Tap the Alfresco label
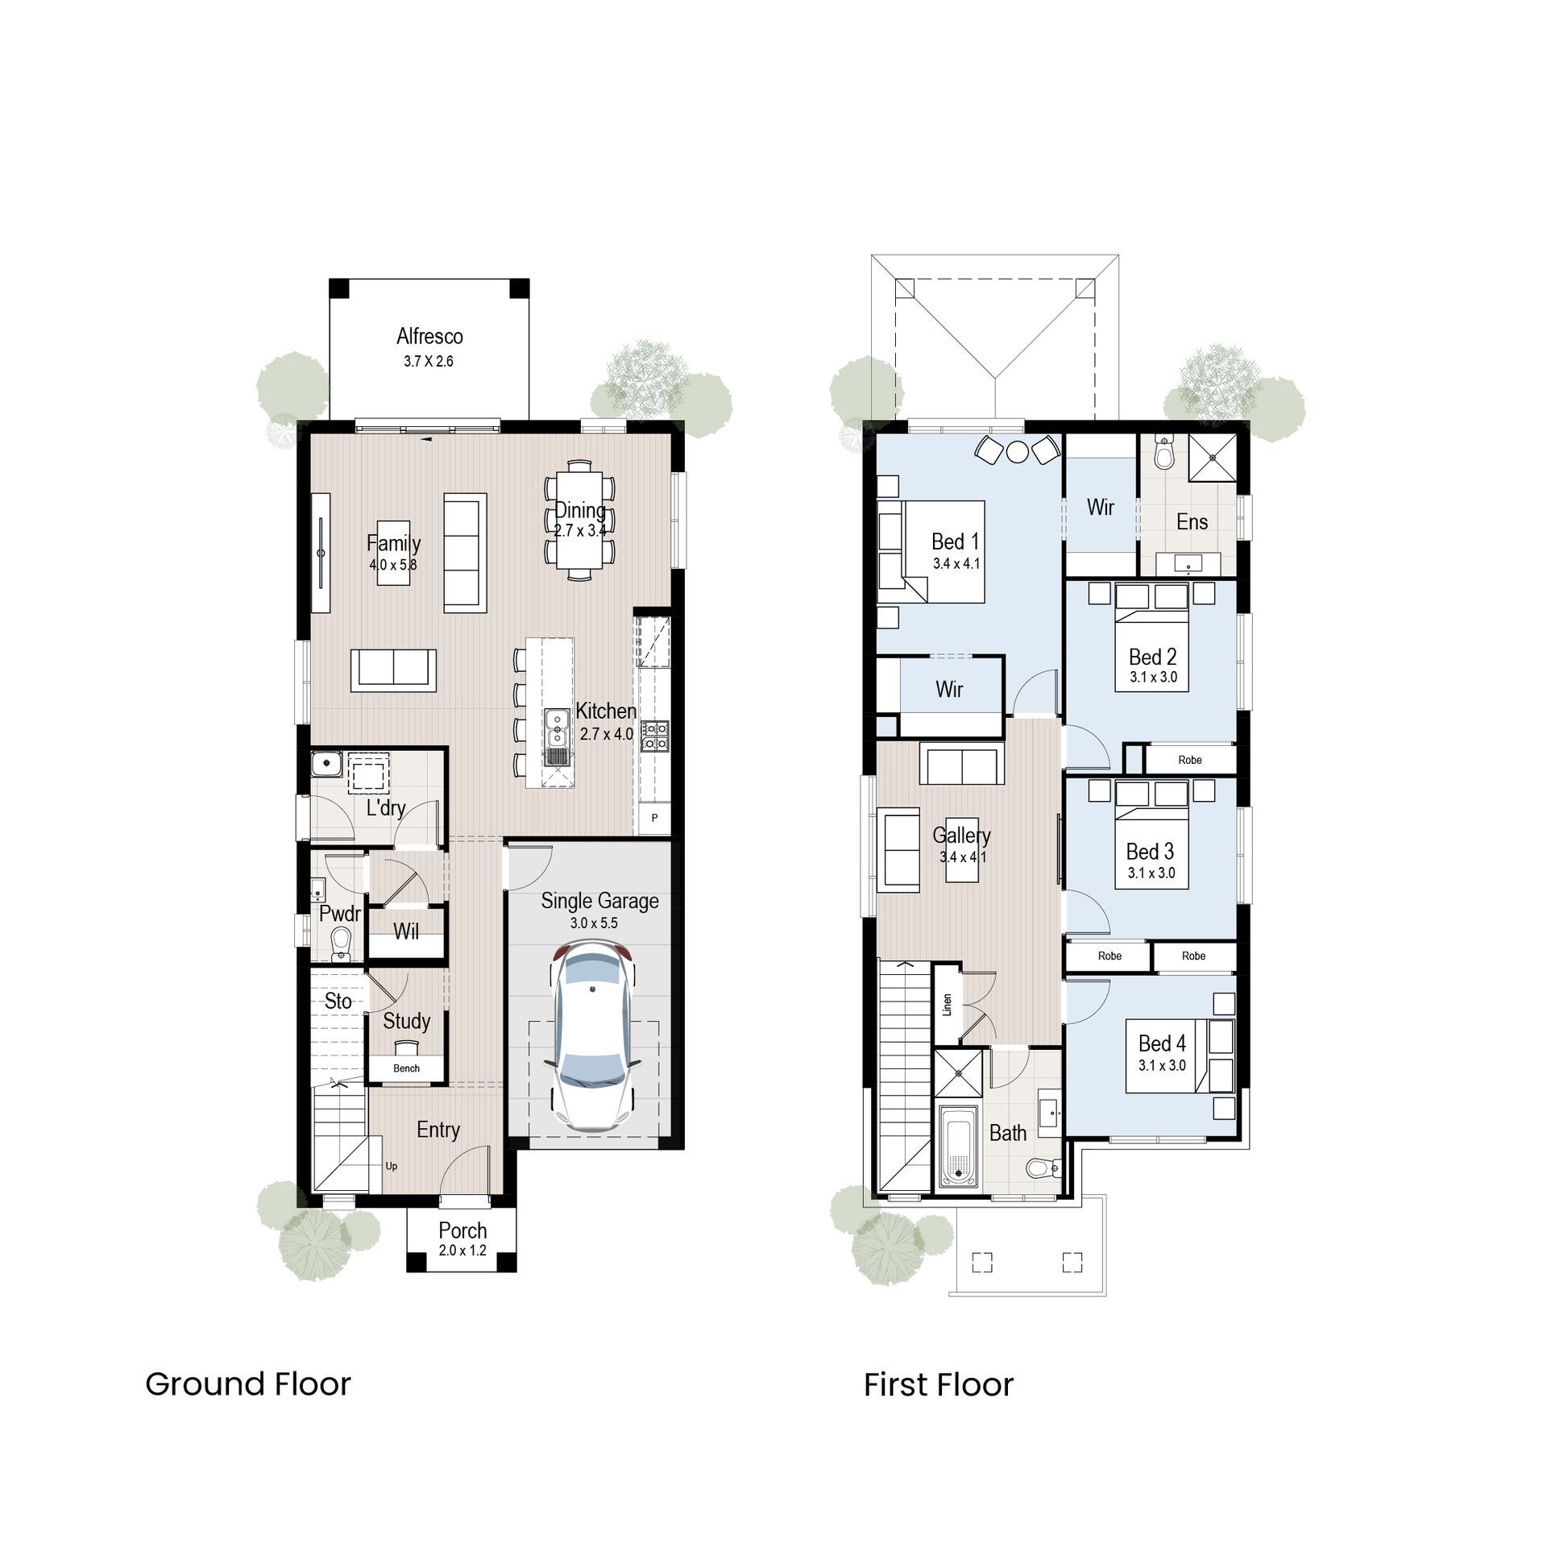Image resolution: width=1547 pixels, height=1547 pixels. [x=429, y=336]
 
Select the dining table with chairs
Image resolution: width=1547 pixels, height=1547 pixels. [x=579, y=520]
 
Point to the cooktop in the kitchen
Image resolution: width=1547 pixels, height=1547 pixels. [x=654, y=736]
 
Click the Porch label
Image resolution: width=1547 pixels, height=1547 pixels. [x=462, y=1230]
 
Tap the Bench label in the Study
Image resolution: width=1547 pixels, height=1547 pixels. [x=406, y=1068]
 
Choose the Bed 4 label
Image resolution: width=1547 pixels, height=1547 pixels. [x=1162, y=1043]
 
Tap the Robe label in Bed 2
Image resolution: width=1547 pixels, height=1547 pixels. [x=1189, y=760]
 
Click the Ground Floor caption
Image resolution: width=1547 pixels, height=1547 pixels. [x=248, y=1384]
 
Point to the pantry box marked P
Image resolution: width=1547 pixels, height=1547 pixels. [x=654, y=818]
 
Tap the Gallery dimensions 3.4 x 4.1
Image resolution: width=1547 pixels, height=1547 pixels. [x=963, y=857]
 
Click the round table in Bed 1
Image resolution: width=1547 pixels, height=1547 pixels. [x=1018, y=451]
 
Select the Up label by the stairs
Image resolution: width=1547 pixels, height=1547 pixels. [x=391, y=1166]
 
